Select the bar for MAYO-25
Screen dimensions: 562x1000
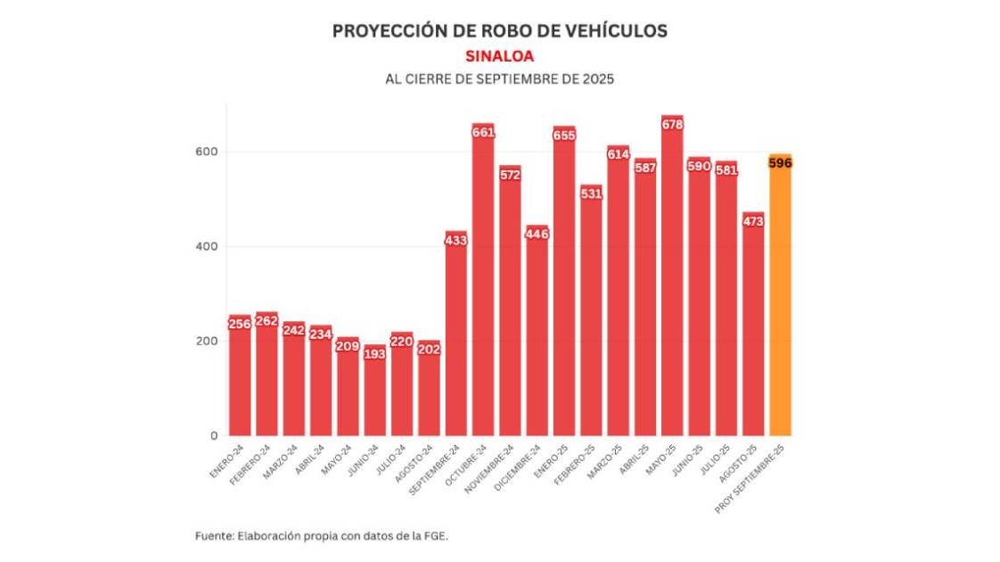672,285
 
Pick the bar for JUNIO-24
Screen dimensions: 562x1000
375,393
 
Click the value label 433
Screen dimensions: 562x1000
455,240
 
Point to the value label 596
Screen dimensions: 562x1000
780,162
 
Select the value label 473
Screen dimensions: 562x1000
753,220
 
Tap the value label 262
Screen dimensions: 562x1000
266,321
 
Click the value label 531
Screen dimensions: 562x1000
591,194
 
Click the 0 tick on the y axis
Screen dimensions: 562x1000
214,436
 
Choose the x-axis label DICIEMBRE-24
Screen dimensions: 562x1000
522,466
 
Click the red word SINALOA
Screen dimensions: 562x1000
499,55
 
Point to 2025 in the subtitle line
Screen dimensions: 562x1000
597,79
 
